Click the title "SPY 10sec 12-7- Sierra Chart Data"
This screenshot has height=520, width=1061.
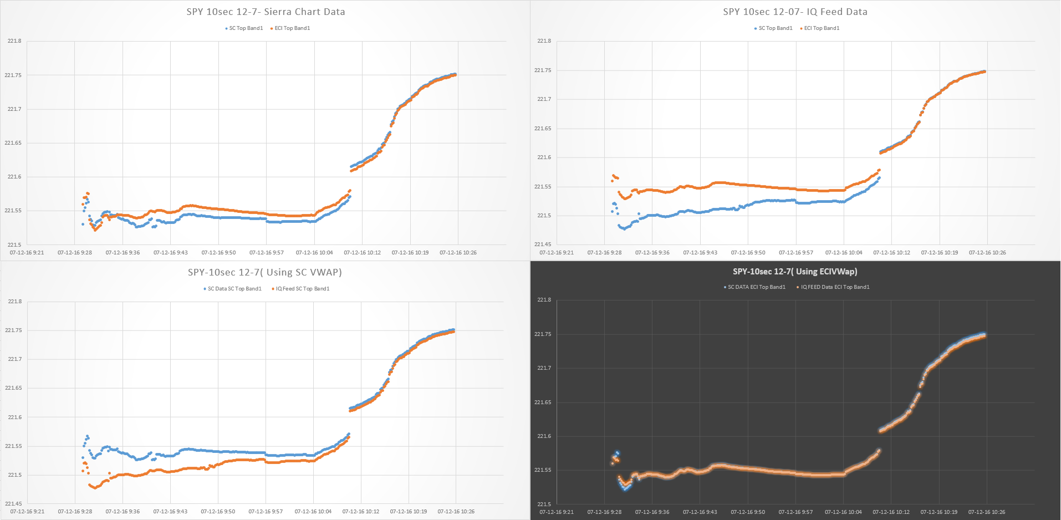(266, 12)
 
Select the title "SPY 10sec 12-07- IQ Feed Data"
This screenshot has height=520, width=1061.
(795, 12)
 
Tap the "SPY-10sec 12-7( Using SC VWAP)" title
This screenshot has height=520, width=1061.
(265, 272)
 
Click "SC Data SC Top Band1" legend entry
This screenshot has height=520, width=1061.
(233, 289)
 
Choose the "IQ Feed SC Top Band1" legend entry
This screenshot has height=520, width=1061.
(301, 289)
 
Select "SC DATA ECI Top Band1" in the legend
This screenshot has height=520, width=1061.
(755, 287)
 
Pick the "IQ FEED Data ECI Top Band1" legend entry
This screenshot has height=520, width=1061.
(833, 287)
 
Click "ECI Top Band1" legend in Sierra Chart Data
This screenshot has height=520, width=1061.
(290, 28)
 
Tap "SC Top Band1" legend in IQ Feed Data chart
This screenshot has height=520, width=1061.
(774, 28)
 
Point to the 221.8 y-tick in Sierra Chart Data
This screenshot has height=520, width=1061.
(14, 41)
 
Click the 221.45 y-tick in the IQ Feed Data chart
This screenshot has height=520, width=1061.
(543, 244)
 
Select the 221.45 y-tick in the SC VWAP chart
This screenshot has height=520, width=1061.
(13, 504)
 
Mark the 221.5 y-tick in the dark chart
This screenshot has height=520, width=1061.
(544, 504)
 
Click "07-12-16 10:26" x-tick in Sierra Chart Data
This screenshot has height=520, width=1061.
(458, 253)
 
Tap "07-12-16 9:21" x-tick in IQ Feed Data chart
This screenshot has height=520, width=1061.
(557, 253)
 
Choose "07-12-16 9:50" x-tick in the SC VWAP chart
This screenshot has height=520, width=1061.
(218, 512)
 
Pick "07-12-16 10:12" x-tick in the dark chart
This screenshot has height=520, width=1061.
(891, 512)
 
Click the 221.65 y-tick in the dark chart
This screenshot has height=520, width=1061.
(543, 402)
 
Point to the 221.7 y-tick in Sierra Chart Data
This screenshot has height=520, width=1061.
(14, 109)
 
